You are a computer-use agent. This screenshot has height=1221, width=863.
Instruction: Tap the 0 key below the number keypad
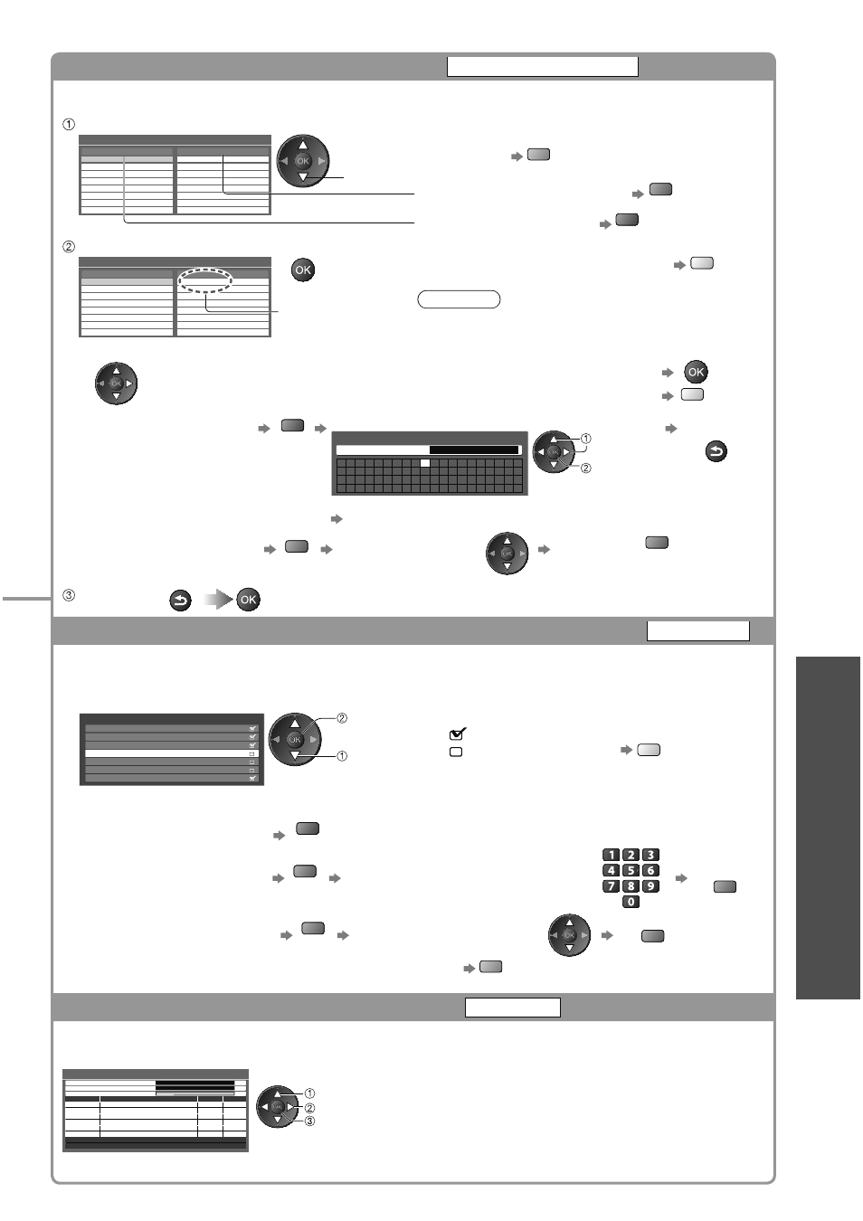(631, 902)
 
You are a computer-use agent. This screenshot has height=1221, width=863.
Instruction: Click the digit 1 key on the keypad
(612, 855)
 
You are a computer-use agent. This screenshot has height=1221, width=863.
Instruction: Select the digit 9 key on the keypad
(650, 885)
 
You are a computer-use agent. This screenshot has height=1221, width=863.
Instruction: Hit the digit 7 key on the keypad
(612, 885)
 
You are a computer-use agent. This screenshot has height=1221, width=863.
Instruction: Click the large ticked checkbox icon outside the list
(458, 734)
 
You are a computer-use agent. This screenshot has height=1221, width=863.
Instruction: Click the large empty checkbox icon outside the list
(456, 752)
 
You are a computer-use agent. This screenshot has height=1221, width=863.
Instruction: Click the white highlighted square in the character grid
(425, 463)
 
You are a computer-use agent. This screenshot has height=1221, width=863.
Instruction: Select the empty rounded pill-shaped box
(459, 299)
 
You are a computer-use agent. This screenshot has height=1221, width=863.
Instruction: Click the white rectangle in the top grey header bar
(543, 67)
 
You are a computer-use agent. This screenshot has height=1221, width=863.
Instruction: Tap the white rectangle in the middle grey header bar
(697, 630)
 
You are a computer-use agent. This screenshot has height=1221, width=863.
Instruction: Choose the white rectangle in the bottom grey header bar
(512, 1008)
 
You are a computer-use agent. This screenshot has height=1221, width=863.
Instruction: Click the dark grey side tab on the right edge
(828, 828)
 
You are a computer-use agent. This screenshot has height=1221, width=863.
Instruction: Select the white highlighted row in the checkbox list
(171, 753)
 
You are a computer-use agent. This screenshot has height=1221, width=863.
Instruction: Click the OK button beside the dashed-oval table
(302, 270)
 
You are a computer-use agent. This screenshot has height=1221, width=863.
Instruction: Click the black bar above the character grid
(474, 450)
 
